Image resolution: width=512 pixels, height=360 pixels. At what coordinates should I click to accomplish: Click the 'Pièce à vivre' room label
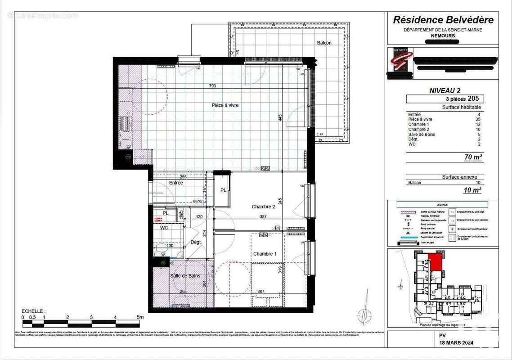coord(225,105)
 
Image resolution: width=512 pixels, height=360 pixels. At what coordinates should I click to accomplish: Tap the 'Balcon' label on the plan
coord(324,43)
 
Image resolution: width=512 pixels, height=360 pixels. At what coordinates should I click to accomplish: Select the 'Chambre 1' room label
coord(265,254)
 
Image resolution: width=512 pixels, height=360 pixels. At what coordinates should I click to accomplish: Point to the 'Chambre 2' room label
coord(263,207)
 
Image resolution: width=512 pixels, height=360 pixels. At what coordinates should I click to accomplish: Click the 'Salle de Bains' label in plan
coord(185,276)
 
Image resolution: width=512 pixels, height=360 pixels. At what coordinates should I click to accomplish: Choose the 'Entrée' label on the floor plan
coord(176,183)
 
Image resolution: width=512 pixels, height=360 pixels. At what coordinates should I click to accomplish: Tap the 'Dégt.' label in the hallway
coord(196,242)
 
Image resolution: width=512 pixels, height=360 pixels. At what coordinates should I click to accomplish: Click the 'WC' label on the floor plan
coord(164,228)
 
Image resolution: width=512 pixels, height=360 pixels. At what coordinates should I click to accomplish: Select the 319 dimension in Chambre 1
coord(280,270)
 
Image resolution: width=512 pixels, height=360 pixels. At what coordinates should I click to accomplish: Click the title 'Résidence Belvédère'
coord(443,19)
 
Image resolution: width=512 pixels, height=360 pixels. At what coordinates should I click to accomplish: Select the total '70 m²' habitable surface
coord(473,157)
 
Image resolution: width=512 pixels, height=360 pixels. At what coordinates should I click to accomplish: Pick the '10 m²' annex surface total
coord(473,190)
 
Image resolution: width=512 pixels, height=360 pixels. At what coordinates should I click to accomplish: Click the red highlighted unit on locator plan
coord(435,262)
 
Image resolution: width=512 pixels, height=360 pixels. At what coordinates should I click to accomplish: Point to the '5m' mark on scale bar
coord(140,317)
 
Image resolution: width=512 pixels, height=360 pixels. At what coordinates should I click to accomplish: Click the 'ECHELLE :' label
coord(33,311)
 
